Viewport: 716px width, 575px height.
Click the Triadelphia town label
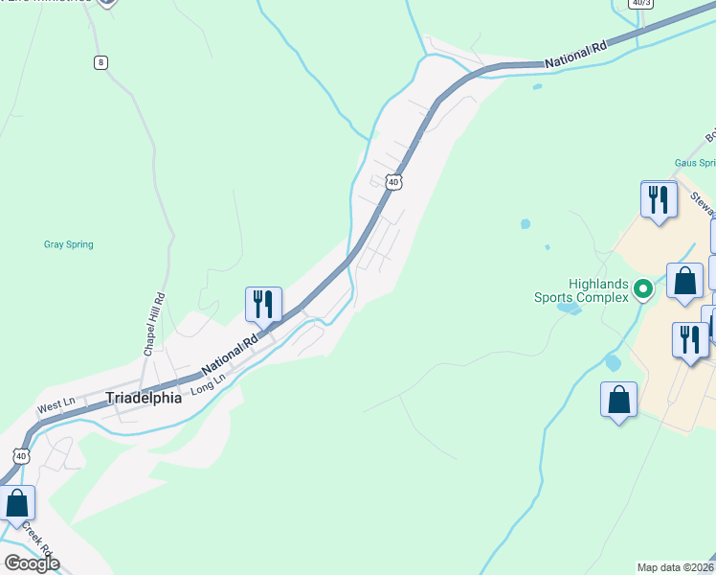[143, 398]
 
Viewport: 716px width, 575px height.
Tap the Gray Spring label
[69, 244]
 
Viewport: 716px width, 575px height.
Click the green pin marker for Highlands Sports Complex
[644, 287]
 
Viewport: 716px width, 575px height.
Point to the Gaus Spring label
[694, 163]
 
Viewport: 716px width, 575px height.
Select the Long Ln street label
[208, 384]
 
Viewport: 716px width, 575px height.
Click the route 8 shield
[101, 62]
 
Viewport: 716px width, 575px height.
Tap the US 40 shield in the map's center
[392, 181]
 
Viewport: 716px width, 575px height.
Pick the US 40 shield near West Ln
[21, 455]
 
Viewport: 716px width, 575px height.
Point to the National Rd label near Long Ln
[231, 354]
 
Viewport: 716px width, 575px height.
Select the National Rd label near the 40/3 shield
[576, 56]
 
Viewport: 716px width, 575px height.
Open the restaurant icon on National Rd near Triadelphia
[263, 304]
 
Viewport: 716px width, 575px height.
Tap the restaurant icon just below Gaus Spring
[658, 199]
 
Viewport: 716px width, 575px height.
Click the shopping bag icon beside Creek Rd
[17, 502]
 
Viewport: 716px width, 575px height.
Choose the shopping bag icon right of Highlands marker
[684, 282]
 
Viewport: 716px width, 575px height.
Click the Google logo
[32, 563]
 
